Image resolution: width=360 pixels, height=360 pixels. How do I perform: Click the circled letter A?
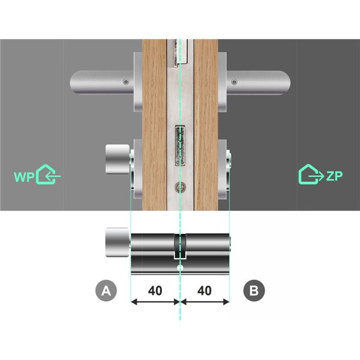click(x=106, y=291)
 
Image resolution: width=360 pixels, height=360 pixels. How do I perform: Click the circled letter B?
click(x=253, y=291)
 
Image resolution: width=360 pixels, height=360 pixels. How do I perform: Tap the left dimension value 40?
click(x=155, y=291)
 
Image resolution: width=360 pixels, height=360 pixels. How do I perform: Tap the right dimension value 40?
click(x=204, y=291)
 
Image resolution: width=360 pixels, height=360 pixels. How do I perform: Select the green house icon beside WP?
click(x=48, y=175)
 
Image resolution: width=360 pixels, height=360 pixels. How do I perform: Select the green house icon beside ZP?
click(x=310, y=174)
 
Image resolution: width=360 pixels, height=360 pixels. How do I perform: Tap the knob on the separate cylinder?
click(x=115, y=242)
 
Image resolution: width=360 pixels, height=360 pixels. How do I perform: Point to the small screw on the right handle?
click(x=235, y=82)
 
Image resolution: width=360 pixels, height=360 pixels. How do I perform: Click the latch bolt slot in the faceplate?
click(x=179, y=145)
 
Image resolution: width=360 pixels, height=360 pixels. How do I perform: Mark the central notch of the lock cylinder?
click(x=179, y=247)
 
